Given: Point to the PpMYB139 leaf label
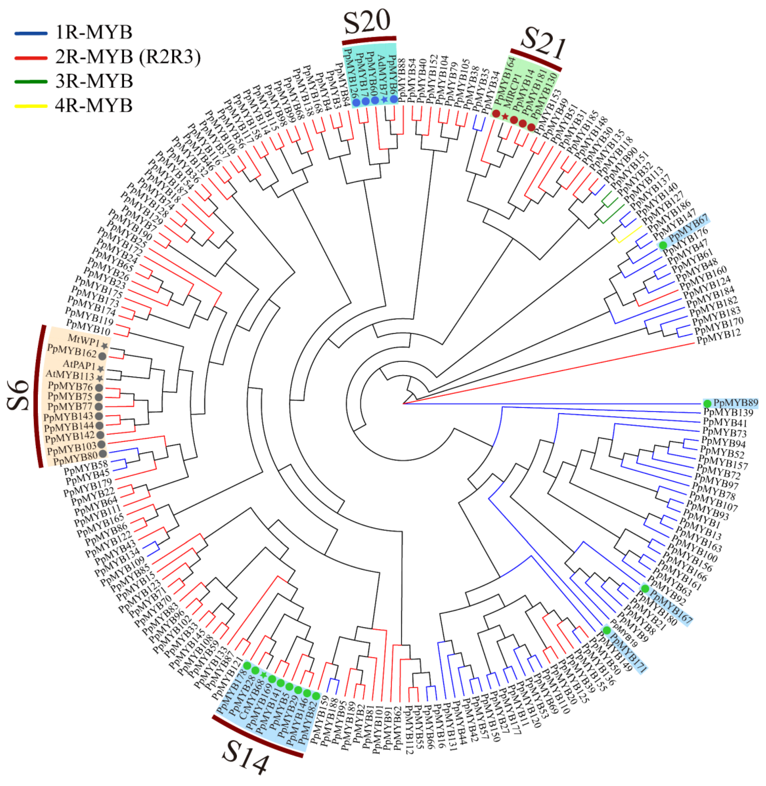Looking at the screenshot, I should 728,412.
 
